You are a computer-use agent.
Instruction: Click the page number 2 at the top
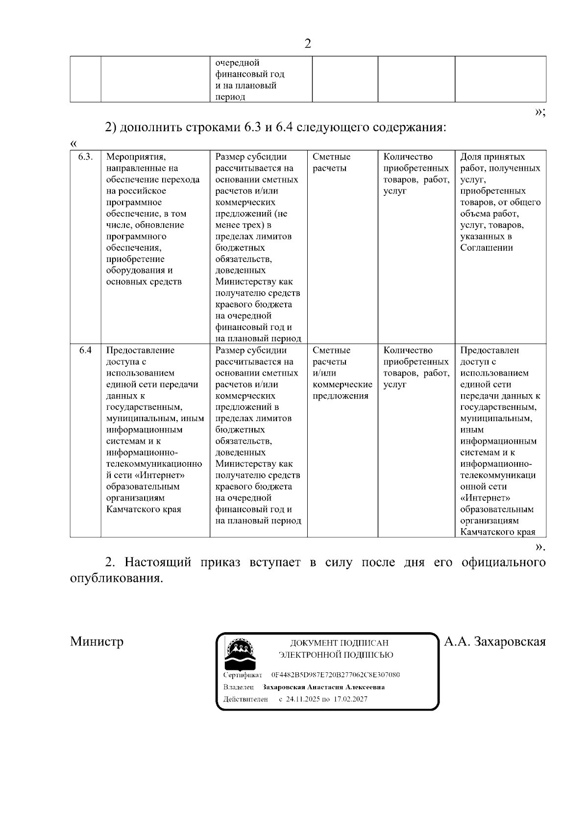(x=308, y=44)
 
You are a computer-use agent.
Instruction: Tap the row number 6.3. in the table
(x=85, y=157)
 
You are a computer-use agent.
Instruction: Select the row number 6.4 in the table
(x=85, y=351)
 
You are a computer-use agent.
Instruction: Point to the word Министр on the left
(x=97, y=641)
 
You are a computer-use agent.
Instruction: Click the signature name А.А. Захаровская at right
(x=494, y=641)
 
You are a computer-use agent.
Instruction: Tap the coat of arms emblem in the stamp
(x=240, y=653)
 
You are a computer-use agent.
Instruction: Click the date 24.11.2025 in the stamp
(x=303, y=699)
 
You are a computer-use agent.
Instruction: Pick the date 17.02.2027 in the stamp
(x=350, y=699)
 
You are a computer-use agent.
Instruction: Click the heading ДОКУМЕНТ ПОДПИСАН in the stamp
(x=339, y=643)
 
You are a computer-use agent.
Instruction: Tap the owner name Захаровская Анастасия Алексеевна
(x=323, y=687)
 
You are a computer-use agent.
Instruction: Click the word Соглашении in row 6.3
(x=487, y=248)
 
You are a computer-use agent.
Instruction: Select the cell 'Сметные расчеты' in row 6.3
(x=331, y=163)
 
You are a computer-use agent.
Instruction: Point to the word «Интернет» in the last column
(x=485, y=498)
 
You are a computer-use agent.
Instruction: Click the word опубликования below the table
(x=116, y=578)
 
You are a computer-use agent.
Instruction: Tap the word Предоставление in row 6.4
(x=140, y=351)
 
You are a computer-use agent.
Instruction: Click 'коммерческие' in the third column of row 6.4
(x=342, y=384)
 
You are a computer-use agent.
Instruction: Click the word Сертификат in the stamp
(x=243, y=675)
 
